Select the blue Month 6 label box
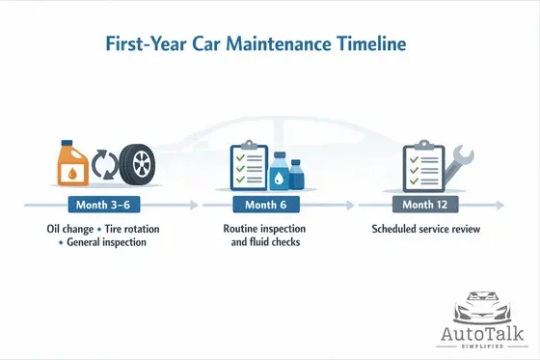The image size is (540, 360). [x=265, y=205]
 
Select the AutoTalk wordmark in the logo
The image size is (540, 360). [x=481, y=333]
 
